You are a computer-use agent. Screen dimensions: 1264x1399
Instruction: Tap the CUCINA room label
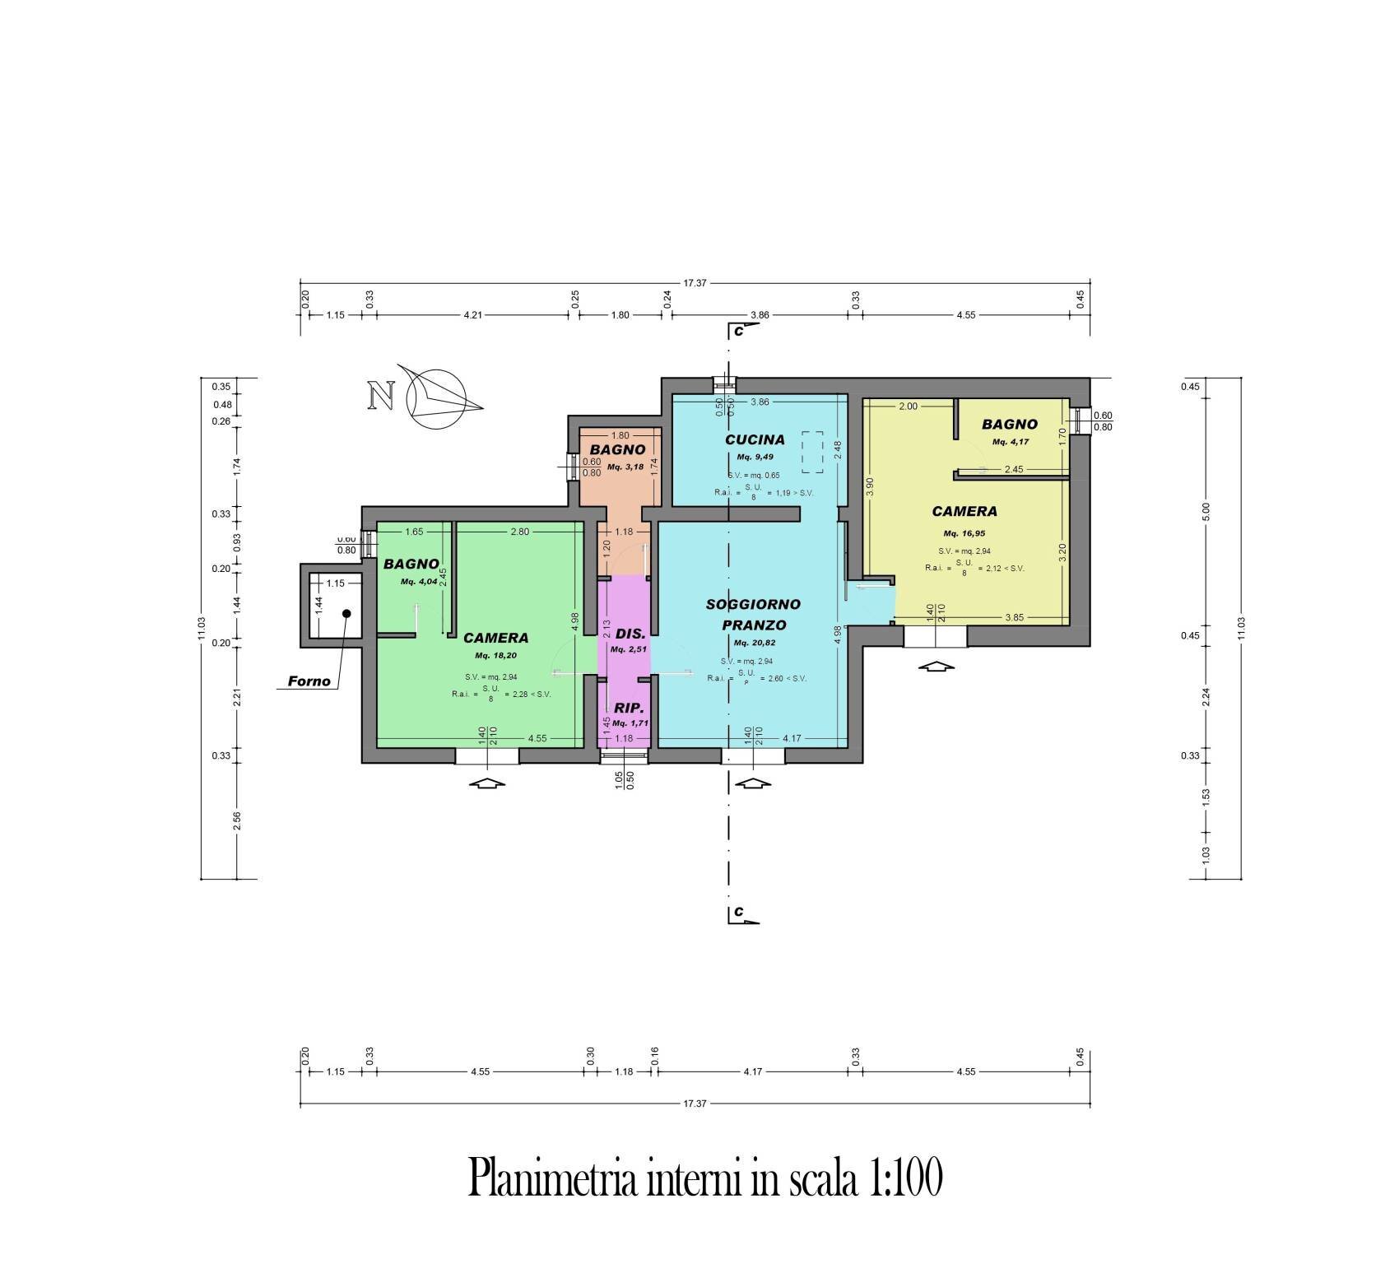755,440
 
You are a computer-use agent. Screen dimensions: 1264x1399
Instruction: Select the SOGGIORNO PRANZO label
752,614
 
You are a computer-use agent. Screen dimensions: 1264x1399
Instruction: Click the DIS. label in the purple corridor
630,635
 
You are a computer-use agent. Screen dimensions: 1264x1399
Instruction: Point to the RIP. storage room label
630,708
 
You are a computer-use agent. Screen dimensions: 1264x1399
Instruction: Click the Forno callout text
309,681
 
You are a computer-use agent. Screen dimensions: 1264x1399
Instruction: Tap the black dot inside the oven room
346,613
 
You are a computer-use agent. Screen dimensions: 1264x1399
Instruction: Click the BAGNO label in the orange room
618,450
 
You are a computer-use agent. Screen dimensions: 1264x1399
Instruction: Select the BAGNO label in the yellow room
1010,425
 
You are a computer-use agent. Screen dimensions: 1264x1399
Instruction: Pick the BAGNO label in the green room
411,565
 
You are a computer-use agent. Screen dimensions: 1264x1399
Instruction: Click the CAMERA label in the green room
495,638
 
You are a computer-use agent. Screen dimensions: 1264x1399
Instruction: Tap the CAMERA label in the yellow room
964,511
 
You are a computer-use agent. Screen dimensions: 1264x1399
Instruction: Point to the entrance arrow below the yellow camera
937,666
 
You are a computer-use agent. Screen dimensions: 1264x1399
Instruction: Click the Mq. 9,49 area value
755,457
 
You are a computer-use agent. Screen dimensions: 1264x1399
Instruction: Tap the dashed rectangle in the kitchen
813,452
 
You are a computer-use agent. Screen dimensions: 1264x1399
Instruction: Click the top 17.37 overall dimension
695,283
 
